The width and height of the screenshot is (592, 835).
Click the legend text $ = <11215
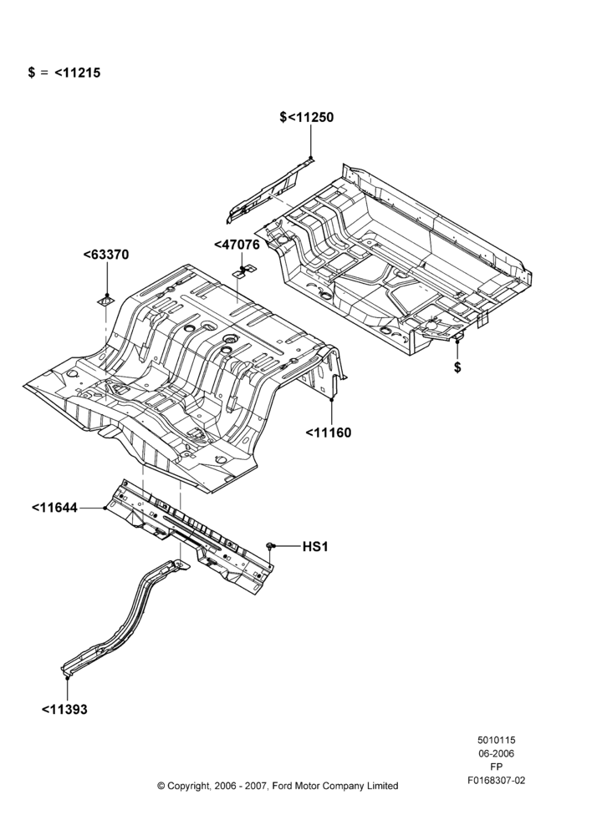64,73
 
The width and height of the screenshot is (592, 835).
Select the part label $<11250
307,117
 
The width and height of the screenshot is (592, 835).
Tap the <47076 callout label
237,245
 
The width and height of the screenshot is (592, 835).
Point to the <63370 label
106,255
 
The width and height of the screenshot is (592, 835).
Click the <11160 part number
329,433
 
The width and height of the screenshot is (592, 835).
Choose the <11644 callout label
54,508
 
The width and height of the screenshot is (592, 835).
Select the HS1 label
315,546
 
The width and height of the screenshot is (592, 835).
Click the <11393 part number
64,709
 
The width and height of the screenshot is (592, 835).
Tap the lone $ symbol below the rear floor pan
457,367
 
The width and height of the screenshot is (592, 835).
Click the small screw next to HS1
270,545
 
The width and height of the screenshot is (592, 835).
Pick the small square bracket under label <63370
105,302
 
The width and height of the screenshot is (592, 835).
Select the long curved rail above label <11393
126,617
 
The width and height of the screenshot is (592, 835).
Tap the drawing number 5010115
496,740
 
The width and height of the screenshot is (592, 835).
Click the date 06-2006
496,753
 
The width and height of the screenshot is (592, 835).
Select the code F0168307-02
496,780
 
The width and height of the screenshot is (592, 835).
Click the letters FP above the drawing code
496,767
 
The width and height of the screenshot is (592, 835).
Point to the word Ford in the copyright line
283,786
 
